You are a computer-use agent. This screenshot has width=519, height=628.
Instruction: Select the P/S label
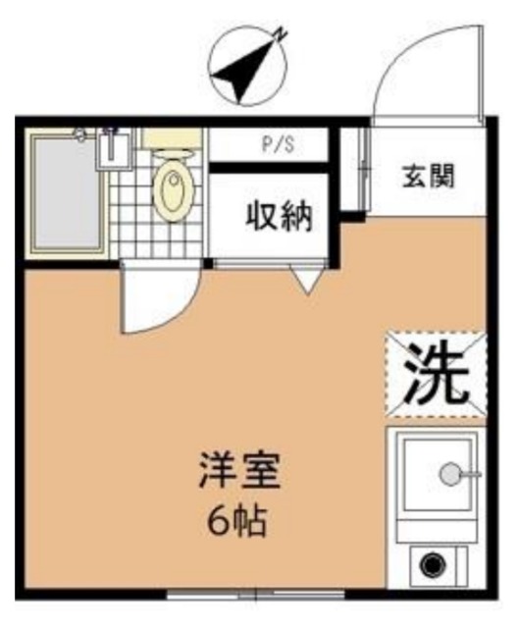(x=278, y=147)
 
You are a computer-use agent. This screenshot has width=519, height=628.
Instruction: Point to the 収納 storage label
(x=278, y=216)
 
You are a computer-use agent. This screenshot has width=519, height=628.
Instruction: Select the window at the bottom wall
(x=257, y=593)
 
